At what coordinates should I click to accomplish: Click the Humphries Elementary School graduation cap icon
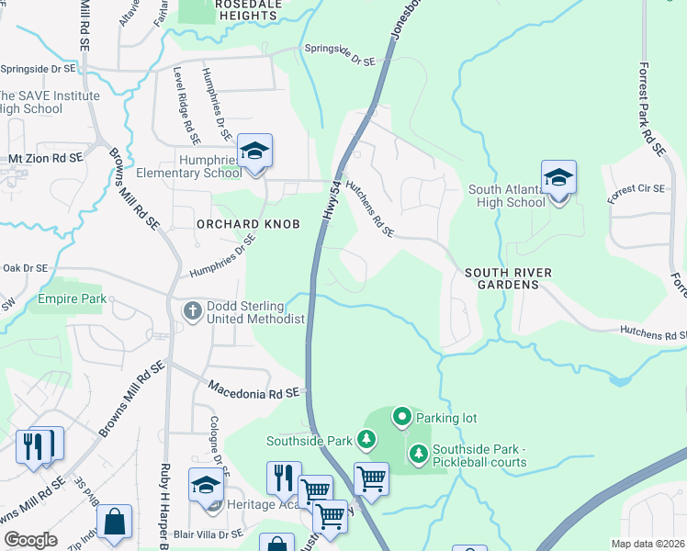pyautogui.click(x=255, y=151)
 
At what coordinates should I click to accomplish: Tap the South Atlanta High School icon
pyautogui.click(x=558, y=177)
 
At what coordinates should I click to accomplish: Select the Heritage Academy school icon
pyautogui.click(x=207, y=484)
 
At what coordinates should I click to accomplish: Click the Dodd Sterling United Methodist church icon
pyautogui.click(x=193, y=310)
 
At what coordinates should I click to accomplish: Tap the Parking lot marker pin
pyautogui.click(x=401, y=418)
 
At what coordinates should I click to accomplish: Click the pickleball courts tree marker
pyautogui.click(x=419, y=453)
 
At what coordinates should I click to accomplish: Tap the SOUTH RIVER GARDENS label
pyautogui.click(x=501, y=278)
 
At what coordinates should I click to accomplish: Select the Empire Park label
pyautogui.click(x=72, y=298)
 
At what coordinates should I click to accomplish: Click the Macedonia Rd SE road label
pyautogui.click(x=253, y=390)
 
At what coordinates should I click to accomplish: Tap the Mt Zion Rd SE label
pyautogui.click(x=46, y=158)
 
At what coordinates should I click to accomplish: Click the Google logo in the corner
pyautogui.click(x=30, y=540)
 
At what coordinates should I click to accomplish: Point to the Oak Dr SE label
pyautogui.click(x=25, y=268)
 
